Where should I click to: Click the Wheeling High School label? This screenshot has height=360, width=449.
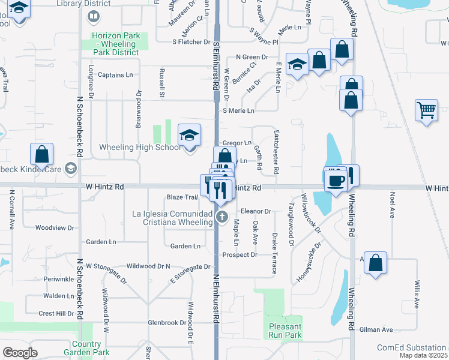click(139, 147)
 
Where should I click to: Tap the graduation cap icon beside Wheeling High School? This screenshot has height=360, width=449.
click(189, 136)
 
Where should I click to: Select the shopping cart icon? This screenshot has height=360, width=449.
click(426, 110)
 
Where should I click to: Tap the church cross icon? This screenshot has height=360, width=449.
click(221, 217)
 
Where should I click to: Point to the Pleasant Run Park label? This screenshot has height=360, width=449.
click(285, 331)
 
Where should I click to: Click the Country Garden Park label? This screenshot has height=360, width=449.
click(86, 348)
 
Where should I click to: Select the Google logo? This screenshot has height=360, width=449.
click(20, 352)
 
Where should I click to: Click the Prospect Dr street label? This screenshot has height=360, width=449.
click(240, 255)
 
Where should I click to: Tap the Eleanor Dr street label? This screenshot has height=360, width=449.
click(256, 211)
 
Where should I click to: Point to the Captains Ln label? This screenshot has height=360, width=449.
click(115, 75)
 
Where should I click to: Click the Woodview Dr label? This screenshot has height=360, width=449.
click(55, 228)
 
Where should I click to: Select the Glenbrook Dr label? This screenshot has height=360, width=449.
click(167, 323)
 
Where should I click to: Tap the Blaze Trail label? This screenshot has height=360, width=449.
click(182, 197)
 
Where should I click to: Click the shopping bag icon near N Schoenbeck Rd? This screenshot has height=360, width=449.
click(42, 154)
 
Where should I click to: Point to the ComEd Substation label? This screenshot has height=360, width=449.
click(411, 348)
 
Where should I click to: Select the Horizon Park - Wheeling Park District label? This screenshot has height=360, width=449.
click(115, 44)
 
